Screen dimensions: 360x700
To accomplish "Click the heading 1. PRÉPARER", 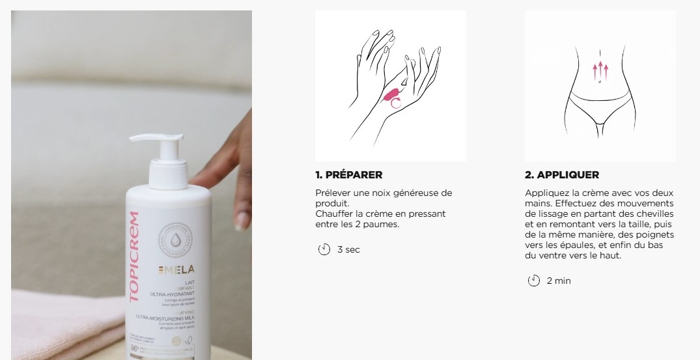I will coord(348,175).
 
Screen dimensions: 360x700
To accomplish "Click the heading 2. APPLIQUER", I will coord(562,175).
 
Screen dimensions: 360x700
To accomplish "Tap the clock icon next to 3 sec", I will coord(324,249).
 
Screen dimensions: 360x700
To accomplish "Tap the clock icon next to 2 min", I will coord(534,281).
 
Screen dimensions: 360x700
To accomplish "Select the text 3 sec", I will coord(348,250).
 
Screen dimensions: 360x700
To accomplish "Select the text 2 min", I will coord(559,281).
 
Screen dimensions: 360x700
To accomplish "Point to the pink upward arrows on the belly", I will coord(599,69).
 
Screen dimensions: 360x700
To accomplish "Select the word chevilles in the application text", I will coord(656,214).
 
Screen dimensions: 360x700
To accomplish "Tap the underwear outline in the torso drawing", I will coord(600,107).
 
